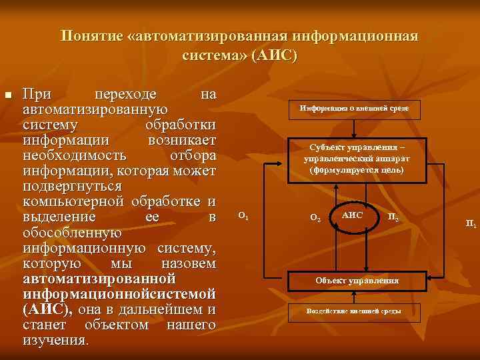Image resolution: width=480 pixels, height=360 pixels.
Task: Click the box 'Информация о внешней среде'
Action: tap(355, 109)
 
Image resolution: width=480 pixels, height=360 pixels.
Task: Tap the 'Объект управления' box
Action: tap(357, 281)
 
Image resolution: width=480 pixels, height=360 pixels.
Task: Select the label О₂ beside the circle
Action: tap(316, 217)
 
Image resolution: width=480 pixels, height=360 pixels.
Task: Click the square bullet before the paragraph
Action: tap(8, 97)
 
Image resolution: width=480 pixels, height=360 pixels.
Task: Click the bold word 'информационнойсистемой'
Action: tap(119, 294)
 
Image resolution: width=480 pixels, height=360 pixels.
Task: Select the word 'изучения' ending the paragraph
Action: tap(55, 340)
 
